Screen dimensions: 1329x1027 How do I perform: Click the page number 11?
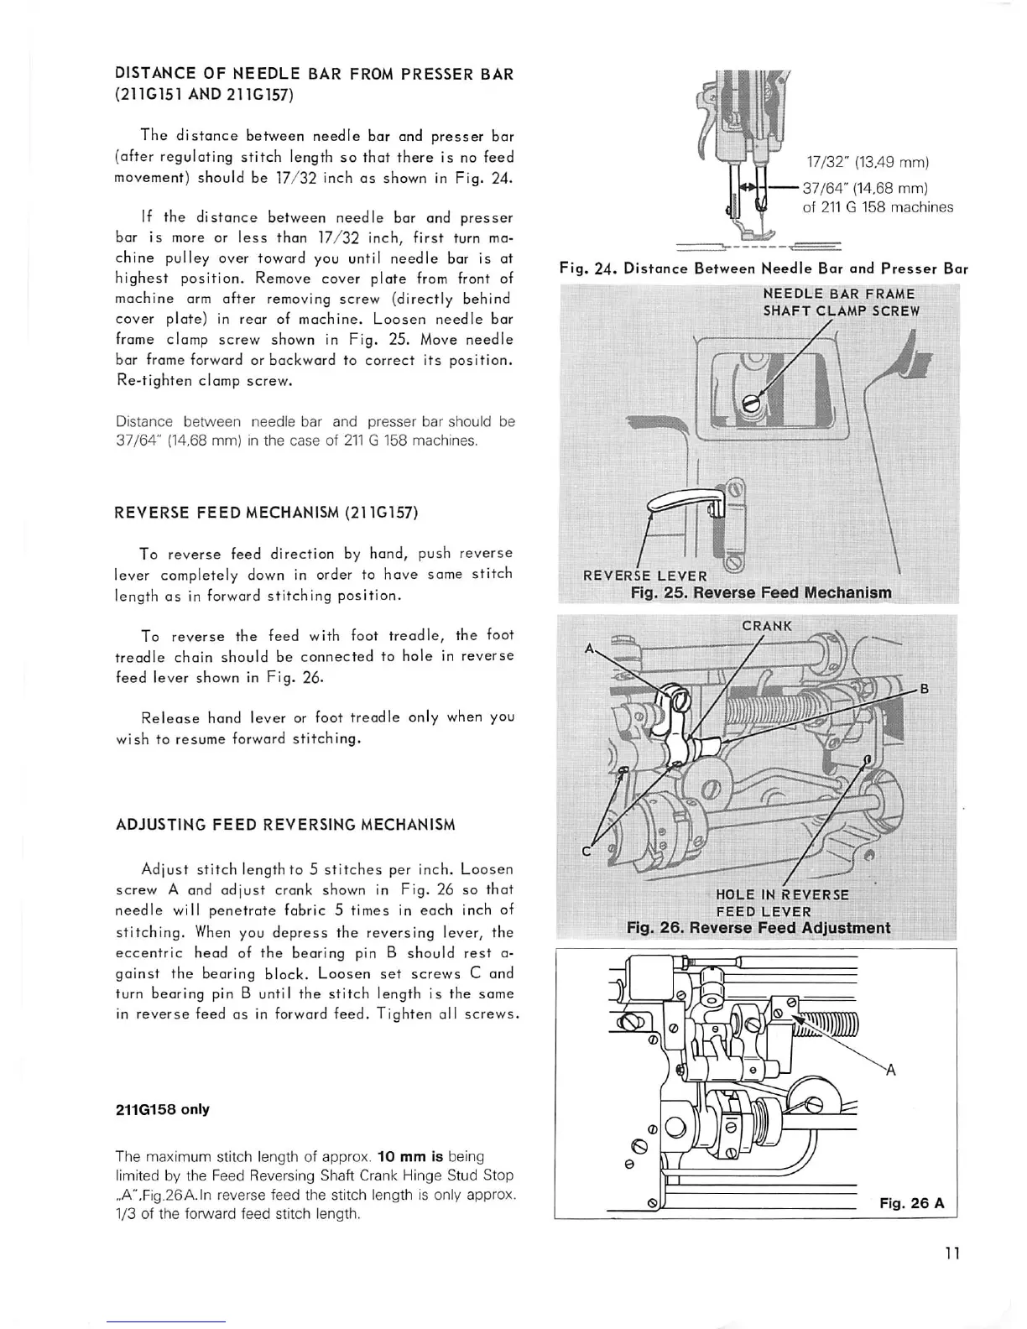951,1253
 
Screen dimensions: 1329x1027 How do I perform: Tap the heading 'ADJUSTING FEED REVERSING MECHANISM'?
285,824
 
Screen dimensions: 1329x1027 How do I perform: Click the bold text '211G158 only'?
162,1109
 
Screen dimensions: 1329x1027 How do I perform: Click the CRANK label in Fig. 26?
766,626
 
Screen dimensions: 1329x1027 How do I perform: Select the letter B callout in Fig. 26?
925,690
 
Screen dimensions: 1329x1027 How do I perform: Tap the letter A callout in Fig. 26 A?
890,1069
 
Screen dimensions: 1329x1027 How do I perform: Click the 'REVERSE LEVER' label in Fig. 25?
644,576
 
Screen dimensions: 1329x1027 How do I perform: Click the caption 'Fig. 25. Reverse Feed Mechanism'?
761,593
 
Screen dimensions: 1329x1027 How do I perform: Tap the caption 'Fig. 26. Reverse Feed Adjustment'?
759,928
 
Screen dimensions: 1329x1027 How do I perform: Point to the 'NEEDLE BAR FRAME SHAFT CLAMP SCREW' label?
841,302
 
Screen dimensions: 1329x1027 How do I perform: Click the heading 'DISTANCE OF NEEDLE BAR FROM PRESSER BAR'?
314,73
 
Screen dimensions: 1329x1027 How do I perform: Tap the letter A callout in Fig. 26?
589,649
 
